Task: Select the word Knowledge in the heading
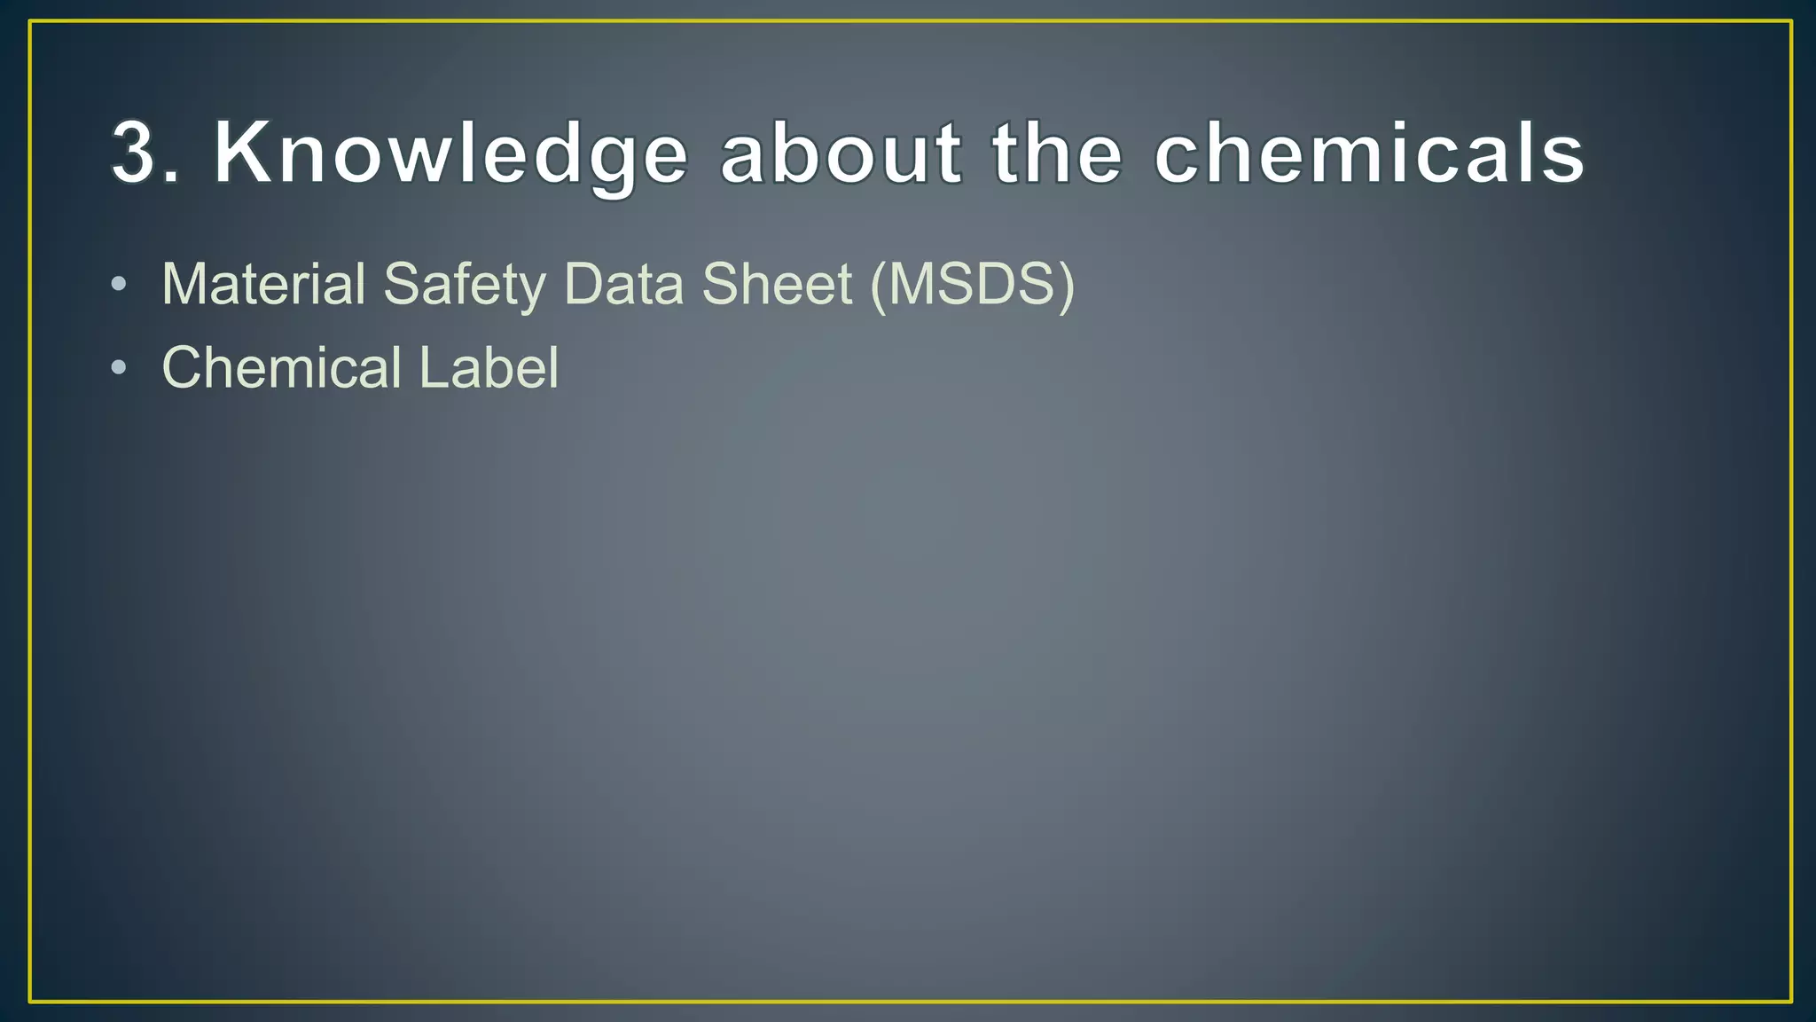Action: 450,154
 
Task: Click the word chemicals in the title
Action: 1369,154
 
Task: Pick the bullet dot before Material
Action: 119,285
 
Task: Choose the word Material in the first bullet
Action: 263,284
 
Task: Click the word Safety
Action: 465,286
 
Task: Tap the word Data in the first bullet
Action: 623,284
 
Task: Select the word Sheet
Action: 777,284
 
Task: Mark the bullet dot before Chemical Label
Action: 119,367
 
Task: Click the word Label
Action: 489,367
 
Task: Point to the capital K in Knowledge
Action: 241,153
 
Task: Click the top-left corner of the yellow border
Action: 30,22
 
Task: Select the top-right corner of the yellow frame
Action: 1790,22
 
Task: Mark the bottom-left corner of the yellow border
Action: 30,1002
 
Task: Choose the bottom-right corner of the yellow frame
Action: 1790,1002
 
